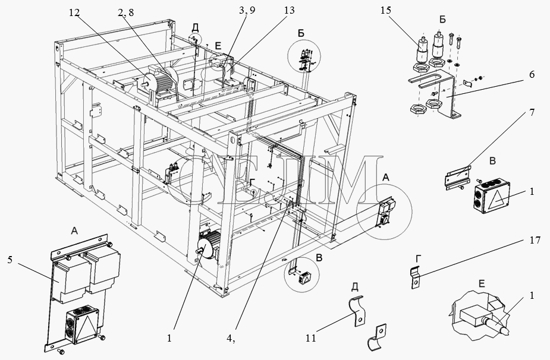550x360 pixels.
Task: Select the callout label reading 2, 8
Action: (x=126, y=12)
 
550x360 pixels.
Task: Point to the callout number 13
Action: (x=290, y=11)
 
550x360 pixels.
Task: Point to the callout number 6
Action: (x=531, y=75)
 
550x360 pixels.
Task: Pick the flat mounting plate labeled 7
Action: (x=458, y=178)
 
